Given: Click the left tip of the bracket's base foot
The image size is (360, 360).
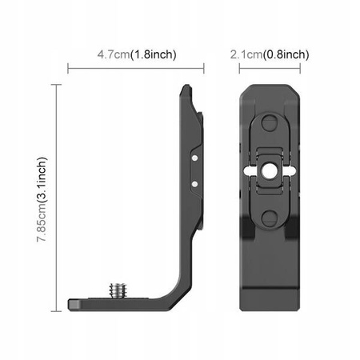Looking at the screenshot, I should [71, 304].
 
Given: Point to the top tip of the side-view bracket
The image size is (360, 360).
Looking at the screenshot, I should [190, 86].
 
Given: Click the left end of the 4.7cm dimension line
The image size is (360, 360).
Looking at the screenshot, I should [69, 70].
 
